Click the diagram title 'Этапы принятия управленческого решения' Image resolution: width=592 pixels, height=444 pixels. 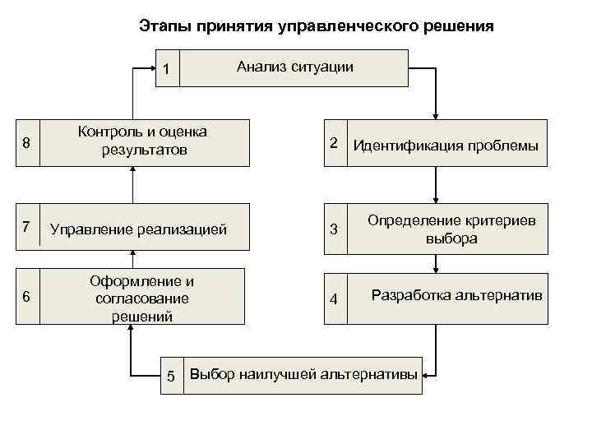click(x=316, y=26)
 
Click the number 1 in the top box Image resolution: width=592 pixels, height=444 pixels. click(x=166, y=69)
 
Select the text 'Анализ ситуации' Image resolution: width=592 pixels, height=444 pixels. click(x=295, y=67)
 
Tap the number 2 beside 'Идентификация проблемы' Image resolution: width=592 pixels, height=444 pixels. click(x=334, y=142)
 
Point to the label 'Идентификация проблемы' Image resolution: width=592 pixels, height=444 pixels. click(x=445, y=146)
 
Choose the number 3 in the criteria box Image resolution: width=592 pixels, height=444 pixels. click(x=334, y=228)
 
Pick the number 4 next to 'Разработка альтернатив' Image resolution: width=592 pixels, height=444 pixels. click(x=334, y=298)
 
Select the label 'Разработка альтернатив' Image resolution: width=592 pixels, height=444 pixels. click(x=457, y=294)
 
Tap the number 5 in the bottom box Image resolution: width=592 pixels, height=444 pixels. click(x=171, y=376)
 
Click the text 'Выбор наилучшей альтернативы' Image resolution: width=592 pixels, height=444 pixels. click(x=303, y=375)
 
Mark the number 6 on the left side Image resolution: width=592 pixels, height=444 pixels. click(x=26, y=297)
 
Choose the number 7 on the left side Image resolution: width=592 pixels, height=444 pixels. click(x=26, y=226)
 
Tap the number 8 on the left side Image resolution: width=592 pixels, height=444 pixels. click(x=26, y=143)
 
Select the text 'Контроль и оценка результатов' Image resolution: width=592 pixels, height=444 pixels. click(x=142, y=141)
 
